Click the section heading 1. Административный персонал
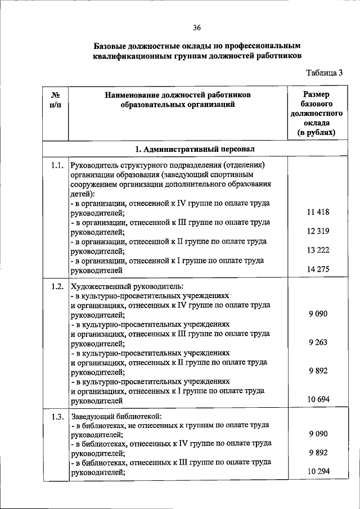(195, 149)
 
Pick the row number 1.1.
(55, 165)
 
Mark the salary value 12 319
(318, 232)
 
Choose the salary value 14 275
(318, 270)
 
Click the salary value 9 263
(318, 343)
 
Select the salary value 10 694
(318, 400)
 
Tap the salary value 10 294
(318, 472)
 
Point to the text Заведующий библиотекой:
(116, 417)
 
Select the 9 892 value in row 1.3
(318, 453)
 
